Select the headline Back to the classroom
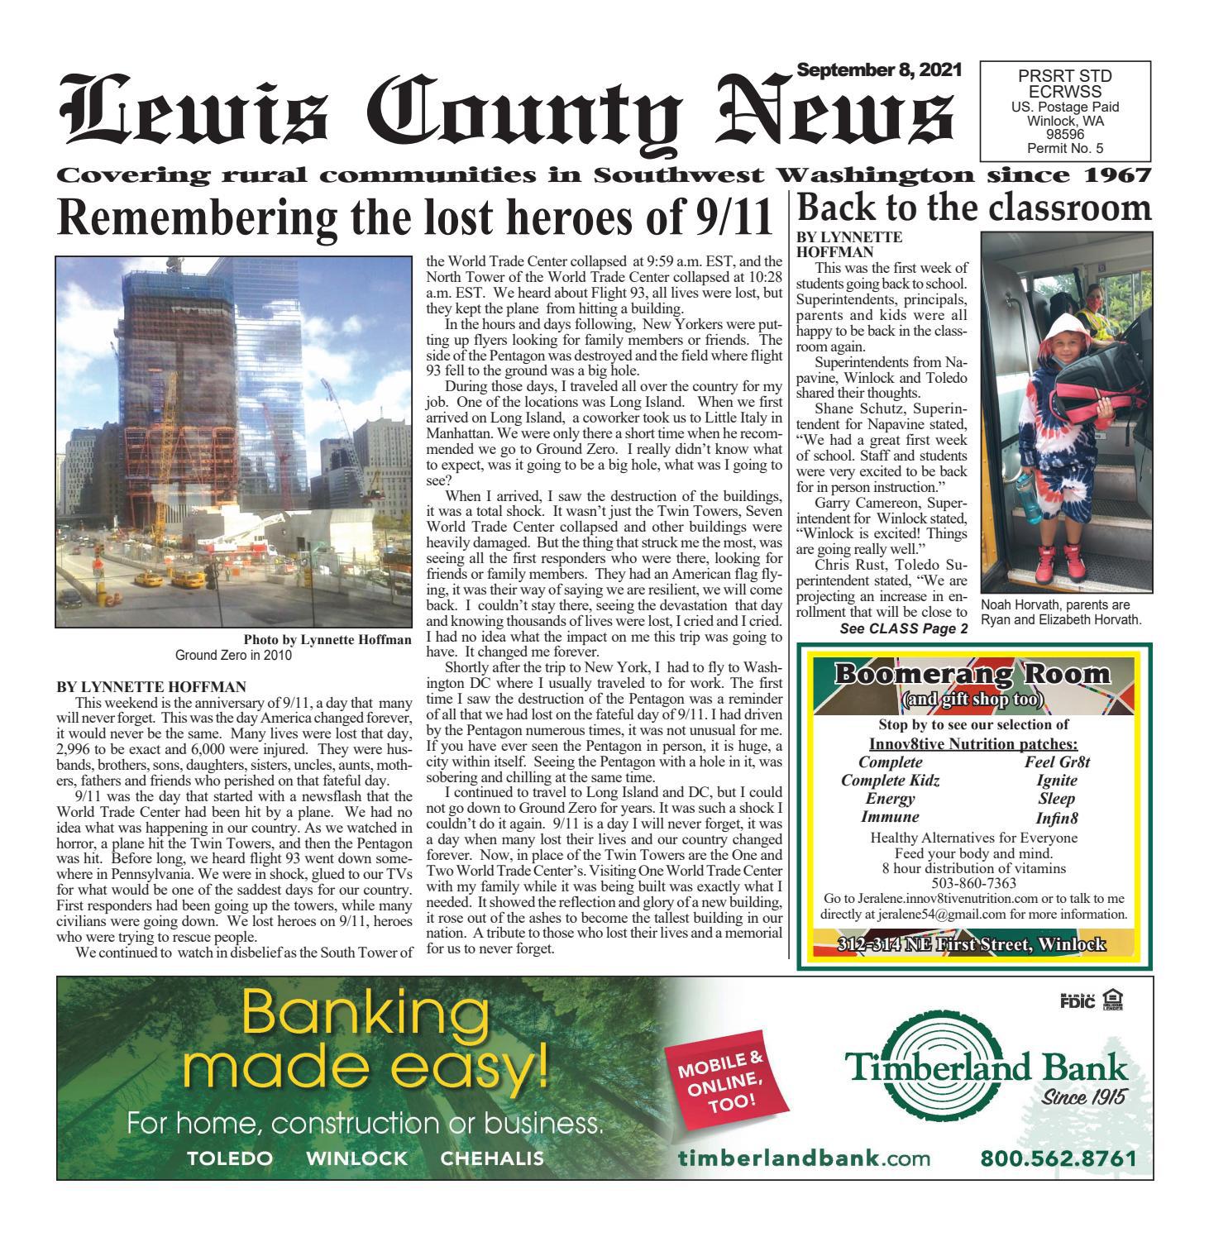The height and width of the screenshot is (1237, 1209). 973,207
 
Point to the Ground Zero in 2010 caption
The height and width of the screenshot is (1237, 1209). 233,655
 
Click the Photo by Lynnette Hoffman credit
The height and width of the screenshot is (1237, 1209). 327,640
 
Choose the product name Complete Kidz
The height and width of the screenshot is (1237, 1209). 890,780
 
